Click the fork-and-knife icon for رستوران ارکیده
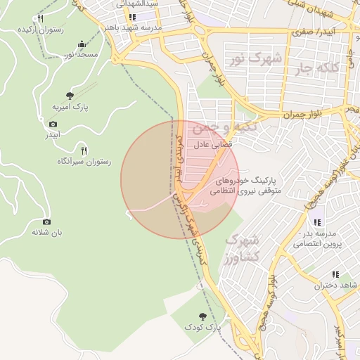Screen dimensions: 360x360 40,19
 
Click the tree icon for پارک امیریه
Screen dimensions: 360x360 70,95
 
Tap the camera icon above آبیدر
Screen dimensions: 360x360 53,124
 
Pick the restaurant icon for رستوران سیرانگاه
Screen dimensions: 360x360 84,150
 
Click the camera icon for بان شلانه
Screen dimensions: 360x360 46,221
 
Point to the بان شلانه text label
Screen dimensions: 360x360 46,233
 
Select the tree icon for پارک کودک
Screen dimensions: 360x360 203,316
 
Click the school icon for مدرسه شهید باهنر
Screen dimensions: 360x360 131,17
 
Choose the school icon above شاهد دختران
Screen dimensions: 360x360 335,274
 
